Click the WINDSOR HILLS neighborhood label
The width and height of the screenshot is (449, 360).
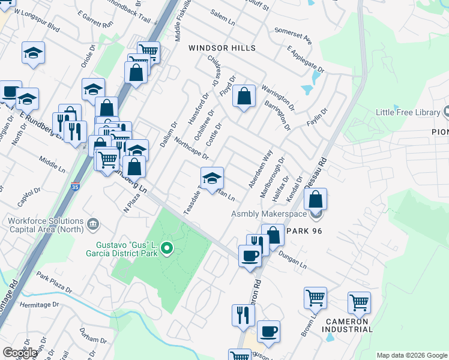pos(222,48)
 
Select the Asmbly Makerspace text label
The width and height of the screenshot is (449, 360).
pos(270,214)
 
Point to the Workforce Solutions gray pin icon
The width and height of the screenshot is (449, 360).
pos(92,224)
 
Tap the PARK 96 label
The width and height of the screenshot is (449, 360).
pos(306,231)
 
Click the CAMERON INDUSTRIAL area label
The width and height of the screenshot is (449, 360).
pos(349,325)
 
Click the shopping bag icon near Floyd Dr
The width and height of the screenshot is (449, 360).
pos(244,96)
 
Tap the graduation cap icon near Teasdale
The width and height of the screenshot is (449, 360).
pos(211,179)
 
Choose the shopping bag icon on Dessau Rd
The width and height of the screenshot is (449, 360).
pos(316,199)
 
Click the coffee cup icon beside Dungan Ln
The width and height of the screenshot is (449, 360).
pos(250,256)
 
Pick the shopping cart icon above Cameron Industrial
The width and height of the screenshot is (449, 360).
pos(359,302)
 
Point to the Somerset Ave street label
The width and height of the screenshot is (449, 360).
pos(293,35)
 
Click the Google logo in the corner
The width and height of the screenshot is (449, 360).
pos(20,353)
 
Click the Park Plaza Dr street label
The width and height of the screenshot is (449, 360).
pos(53,282)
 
